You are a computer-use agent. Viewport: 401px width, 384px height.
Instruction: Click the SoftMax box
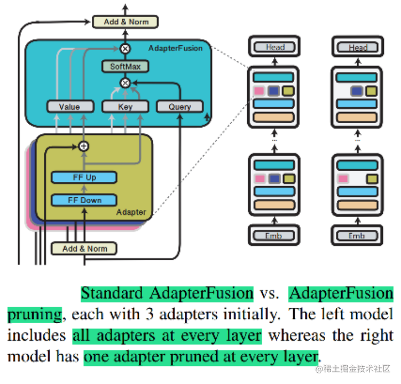[x=125, y=67]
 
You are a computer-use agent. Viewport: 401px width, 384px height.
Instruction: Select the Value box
[x=70, y=107]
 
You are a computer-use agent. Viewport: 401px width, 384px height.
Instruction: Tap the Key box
[x=125, y=107]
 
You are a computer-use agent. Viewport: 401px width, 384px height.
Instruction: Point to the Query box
[x=180, y=107]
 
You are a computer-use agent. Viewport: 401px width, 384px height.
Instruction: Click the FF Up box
[x=84, y=177]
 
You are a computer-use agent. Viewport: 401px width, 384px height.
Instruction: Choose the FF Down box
[x=84, y=200]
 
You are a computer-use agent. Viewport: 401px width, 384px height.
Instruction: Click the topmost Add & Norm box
[x=125, y=22]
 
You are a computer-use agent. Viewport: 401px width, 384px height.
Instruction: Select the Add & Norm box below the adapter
[x=84, y=249]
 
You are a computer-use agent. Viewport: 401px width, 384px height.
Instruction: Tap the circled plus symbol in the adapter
[x=84, y=146]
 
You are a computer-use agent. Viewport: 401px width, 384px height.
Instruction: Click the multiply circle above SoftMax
[x=125, y=49]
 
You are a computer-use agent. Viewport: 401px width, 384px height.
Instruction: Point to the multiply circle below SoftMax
[x=125, y=83]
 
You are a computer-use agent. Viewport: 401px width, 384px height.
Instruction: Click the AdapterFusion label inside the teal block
[x=176, y=48]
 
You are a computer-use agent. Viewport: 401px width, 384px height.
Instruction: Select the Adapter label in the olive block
[x=131, y=212]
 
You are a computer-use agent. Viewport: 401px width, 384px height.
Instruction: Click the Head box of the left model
[x=274, y=47]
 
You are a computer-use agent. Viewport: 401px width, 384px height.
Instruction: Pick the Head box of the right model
[x=358, y=47]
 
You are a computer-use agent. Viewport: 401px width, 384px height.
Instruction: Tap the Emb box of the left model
[x=274, y=236]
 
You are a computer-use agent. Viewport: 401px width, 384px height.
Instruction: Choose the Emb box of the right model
[x=357, y=236]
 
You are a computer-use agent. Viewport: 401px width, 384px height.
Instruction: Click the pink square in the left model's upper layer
[x=259, y=91]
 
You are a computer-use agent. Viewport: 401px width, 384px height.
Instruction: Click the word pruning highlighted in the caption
[x=35, y=315]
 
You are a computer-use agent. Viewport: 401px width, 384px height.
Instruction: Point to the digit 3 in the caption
[x=150, y=314]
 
